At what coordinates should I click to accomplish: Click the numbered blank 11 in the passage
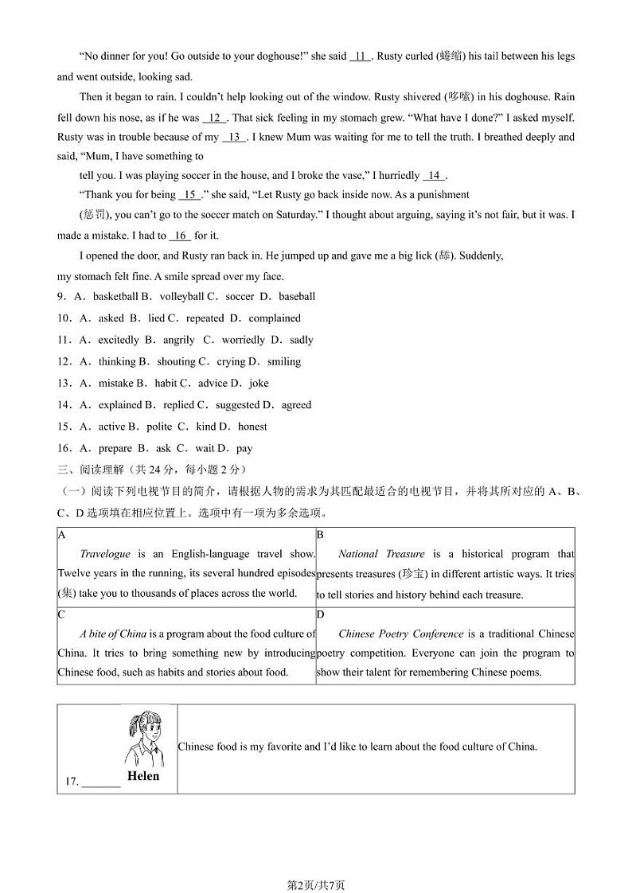click(x=361, y=57)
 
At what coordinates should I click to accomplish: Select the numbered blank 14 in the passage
click(x=435, y=176)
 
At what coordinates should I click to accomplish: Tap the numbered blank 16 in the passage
click(x=181, y=236)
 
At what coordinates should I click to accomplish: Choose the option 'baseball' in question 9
click(x=298, y=297)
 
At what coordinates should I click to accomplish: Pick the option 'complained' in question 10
click(x=275, y=318)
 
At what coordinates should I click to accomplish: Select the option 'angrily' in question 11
click(x=178, y=340)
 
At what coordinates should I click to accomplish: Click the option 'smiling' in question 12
click(x=284, y=361)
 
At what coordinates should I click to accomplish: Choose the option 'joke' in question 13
click(x=259, y=383)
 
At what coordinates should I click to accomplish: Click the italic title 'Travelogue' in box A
click(x=105, y=554)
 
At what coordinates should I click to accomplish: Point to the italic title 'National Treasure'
click(x=381, y=554)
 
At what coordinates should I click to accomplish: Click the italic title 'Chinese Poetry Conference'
click(x=400, y=634)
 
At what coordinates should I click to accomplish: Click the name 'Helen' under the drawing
click(x=143, y=776)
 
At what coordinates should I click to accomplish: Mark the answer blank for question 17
click(x=101, y=782)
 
